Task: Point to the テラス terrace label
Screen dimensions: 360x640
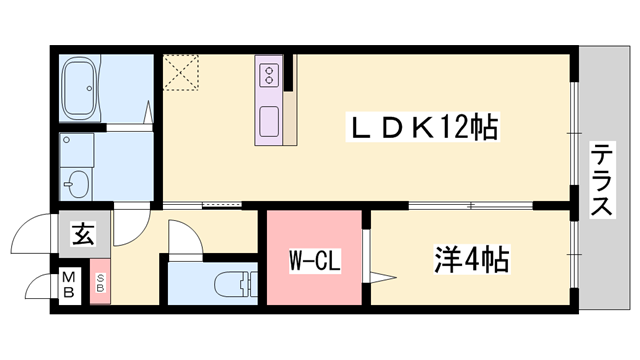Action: tap(603, 180)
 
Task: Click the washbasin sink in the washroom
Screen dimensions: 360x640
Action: tap(78, 183)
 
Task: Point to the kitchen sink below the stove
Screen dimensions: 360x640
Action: tap(270, 123)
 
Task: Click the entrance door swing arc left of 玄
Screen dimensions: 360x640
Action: tap(31, 238)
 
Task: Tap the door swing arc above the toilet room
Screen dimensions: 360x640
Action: tap(185, 240)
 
